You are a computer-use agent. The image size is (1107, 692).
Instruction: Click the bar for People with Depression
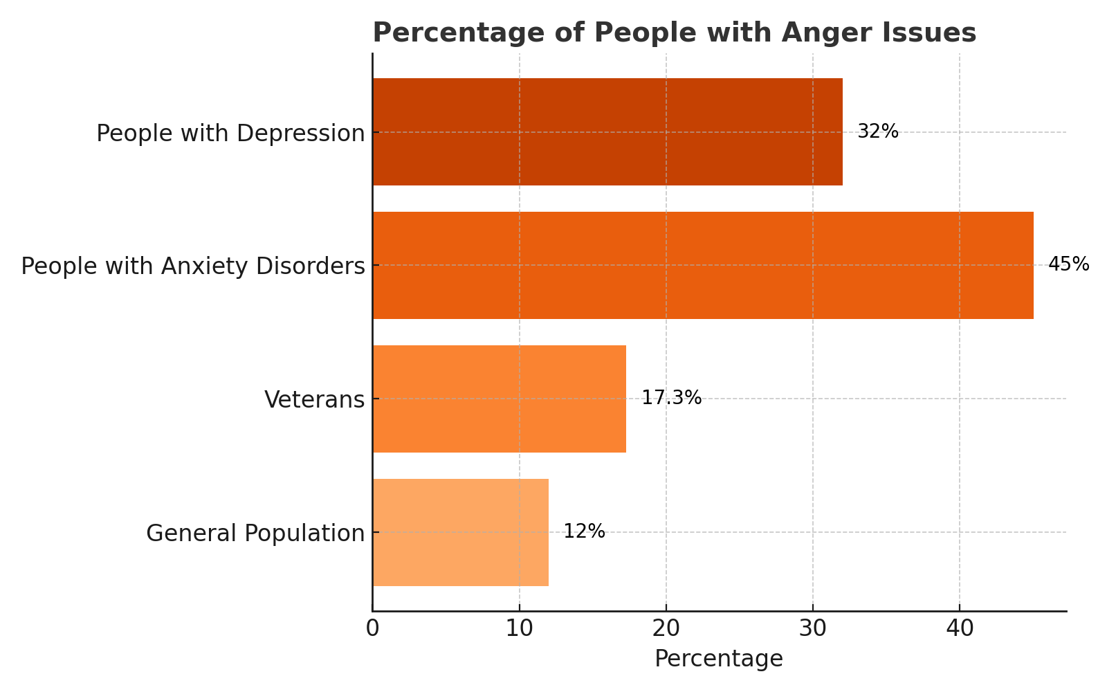point(607,131)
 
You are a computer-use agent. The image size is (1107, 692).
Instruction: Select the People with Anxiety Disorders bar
point(703,265)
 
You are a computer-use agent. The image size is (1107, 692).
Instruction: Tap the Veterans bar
point(499,399)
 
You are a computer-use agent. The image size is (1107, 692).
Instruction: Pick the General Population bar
point(460,532)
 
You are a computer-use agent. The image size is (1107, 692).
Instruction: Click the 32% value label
point(877,131)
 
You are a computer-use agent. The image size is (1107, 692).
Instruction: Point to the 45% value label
point(1068,264)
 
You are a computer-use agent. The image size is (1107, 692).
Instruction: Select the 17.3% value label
point(671,398)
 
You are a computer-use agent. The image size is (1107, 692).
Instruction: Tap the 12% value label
point(584,531)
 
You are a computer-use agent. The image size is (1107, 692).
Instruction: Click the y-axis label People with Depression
point(230,133)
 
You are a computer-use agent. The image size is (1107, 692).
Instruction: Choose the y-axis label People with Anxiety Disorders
point(193,266)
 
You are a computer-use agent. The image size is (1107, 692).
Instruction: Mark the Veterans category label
point(314,399)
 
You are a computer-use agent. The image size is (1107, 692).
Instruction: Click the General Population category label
point(255,533)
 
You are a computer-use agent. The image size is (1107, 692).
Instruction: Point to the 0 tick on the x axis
point(373,628)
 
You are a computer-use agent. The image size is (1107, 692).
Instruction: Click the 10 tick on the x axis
point(519,628)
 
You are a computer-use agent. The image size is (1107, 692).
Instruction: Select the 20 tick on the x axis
point(666,628)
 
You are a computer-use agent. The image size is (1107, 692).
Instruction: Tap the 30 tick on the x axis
point(813,628)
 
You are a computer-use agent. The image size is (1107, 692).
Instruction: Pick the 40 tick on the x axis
point(960,628)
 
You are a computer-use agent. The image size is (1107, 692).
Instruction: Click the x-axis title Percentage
point(719,659)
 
